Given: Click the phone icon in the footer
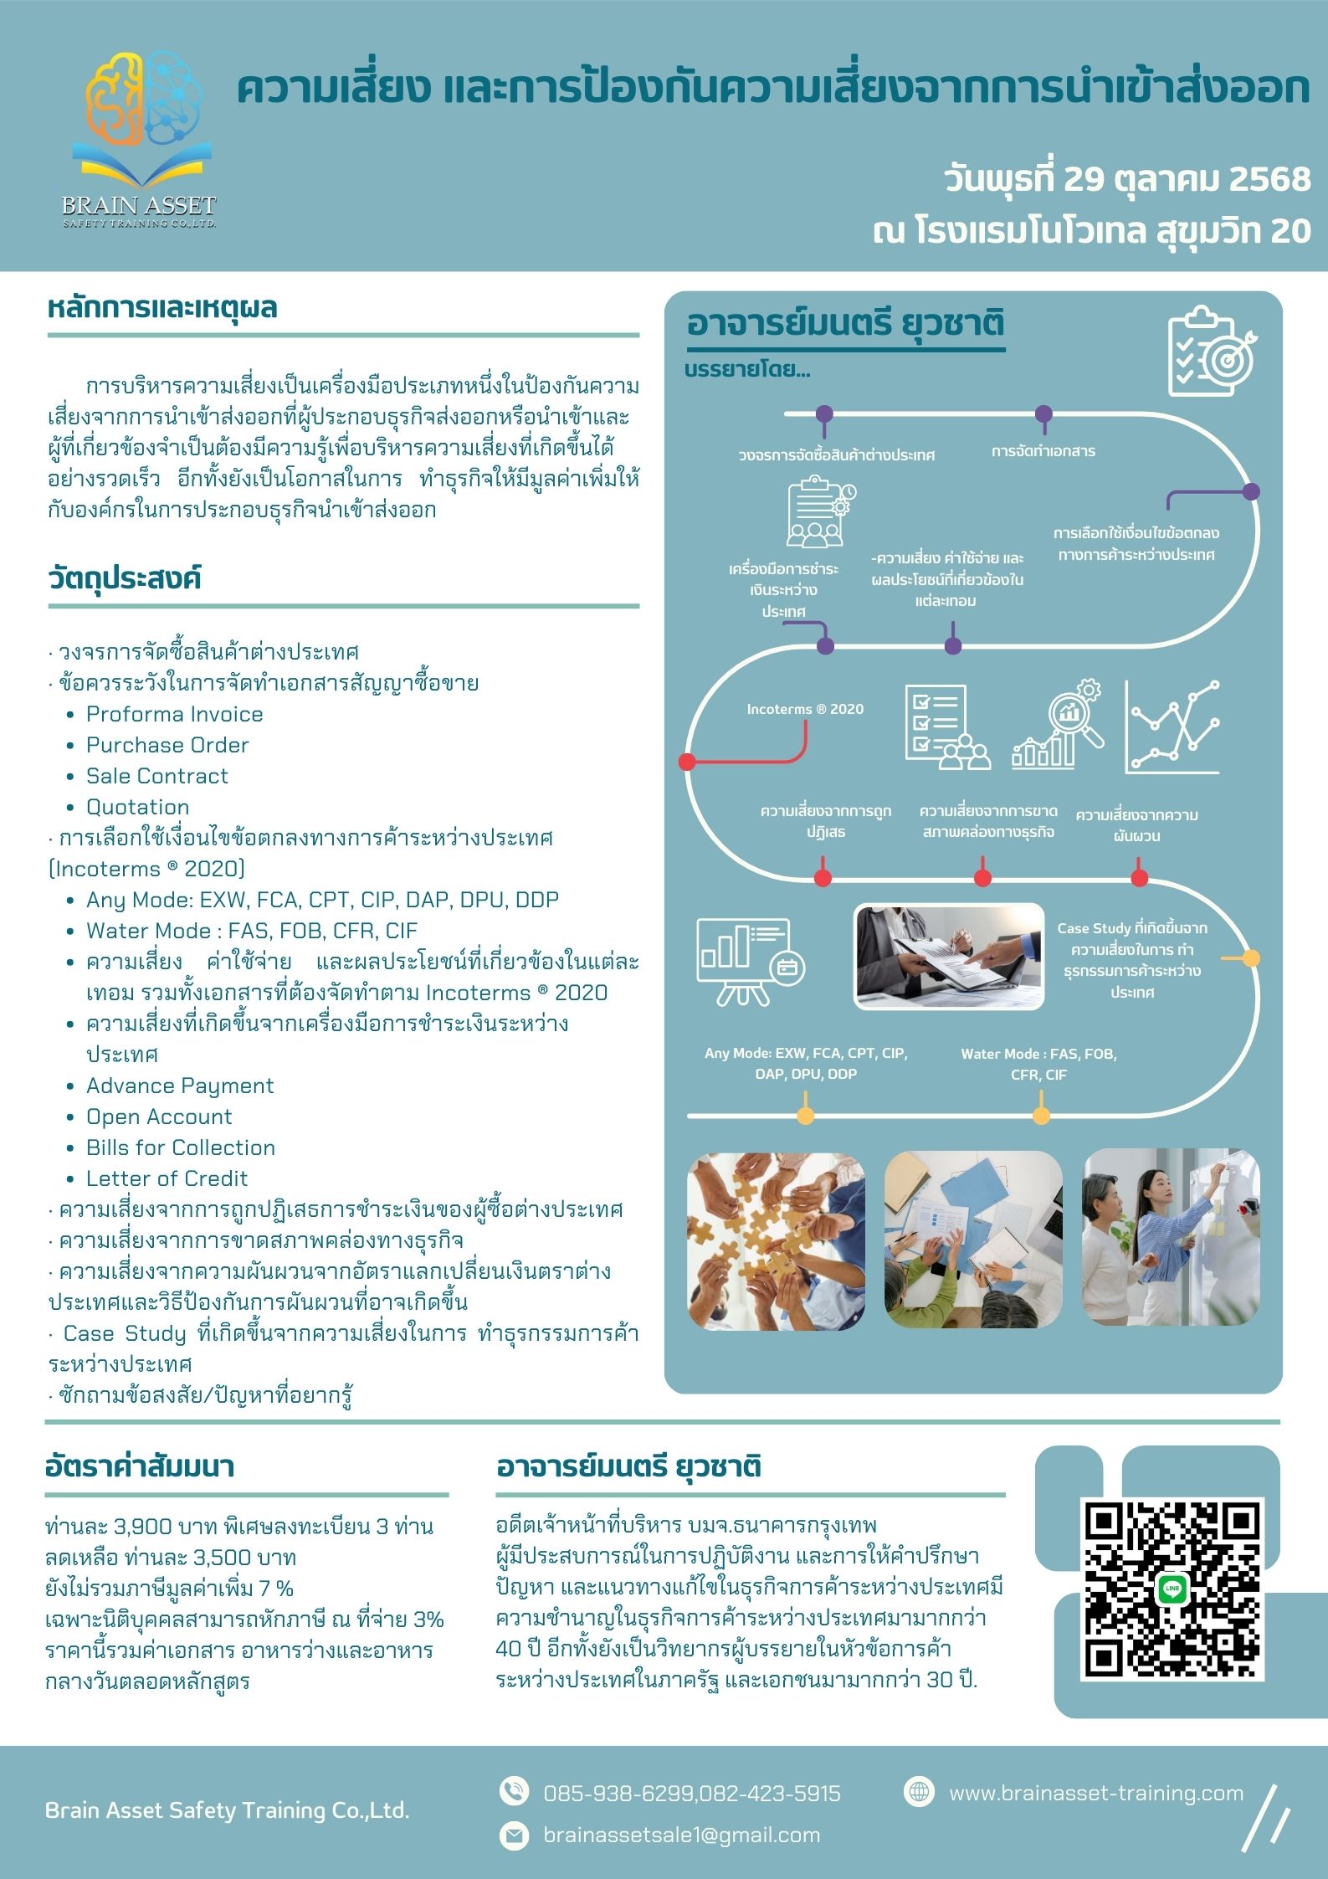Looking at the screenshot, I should click(x=513, y=1792).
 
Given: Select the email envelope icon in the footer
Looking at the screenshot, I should click(x=513, y=1835).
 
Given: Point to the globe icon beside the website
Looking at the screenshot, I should click(x=919, y=1791).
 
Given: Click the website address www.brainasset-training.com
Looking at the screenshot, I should click(x=1095, y=1793).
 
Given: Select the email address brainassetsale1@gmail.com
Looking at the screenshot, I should click(x=681, y=1835).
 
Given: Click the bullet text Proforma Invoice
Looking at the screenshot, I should click(x=174, y=714).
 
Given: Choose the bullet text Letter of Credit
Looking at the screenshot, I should click(x=167, y=1178).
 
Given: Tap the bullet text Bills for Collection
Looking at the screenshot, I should click(x=180, y=1147).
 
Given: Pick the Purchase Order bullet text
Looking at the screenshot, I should click(x=167, y=745).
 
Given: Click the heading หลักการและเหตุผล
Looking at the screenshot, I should click(x=162, y=308).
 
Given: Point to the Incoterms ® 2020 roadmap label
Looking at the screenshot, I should click(x=804, y=709).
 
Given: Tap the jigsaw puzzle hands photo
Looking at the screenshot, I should click(x=775, y=1240).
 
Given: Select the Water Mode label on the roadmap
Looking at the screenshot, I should click(x=1038, y=1064).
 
